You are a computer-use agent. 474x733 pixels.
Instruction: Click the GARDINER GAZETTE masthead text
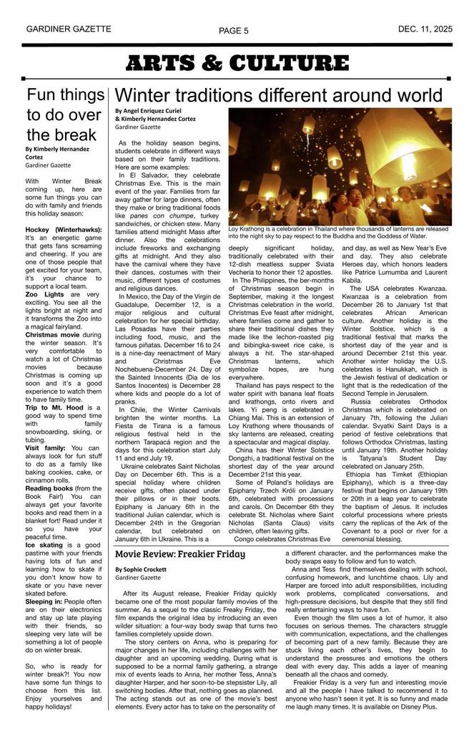[69, 29]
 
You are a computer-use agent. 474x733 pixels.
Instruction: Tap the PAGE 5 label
[234, 31]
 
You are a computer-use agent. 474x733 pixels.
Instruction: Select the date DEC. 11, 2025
[425, 29]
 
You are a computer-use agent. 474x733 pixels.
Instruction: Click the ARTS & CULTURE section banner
[237, 64]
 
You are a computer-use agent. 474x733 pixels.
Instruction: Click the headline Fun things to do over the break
[65, 115]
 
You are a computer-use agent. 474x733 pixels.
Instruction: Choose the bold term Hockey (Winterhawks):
[63, 230]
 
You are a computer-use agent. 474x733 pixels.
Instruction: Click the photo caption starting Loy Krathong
[338, 233]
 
